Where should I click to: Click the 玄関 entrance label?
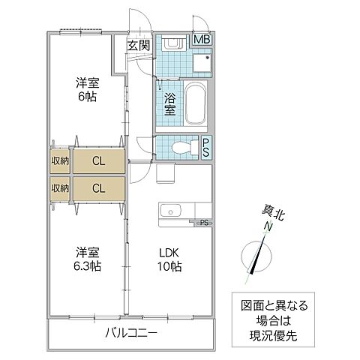click(x=138, y=45)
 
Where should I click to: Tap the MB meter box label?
click(x=202, y=40)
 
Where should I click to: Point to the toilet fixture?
click(x=182, y=146)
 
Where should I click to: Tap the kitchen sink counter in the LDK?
click(x=174, y=211)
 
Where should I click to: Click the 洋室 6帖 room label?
click(x=87, y=89)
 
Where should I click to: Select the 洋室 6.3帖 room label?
click(x=87, y=259)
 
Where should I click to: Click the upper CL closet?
click(x=99, y=160)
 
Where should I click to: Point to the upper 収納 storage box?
click(x=60, y=160)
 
